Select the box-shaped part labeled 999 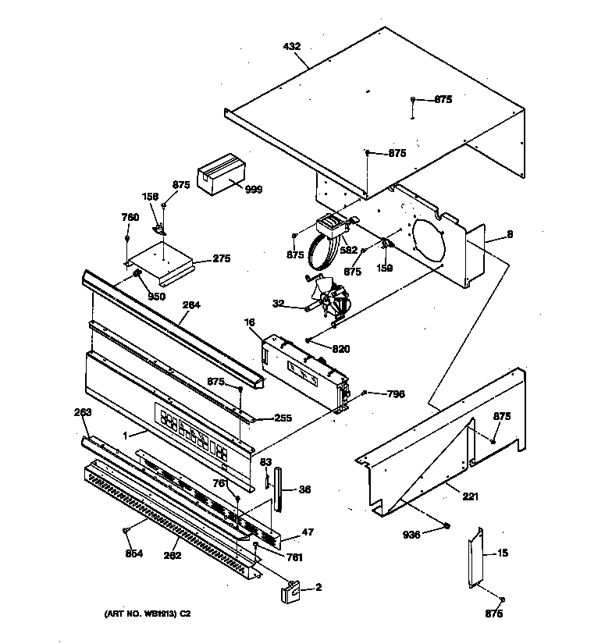click(219, 176)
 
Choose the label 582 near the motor click(348, 250)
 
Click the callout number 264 click(190, 305)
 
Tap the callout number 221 click(470, 496)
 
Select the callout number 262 click(173, 556)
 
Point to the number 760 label click(130, 217)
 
